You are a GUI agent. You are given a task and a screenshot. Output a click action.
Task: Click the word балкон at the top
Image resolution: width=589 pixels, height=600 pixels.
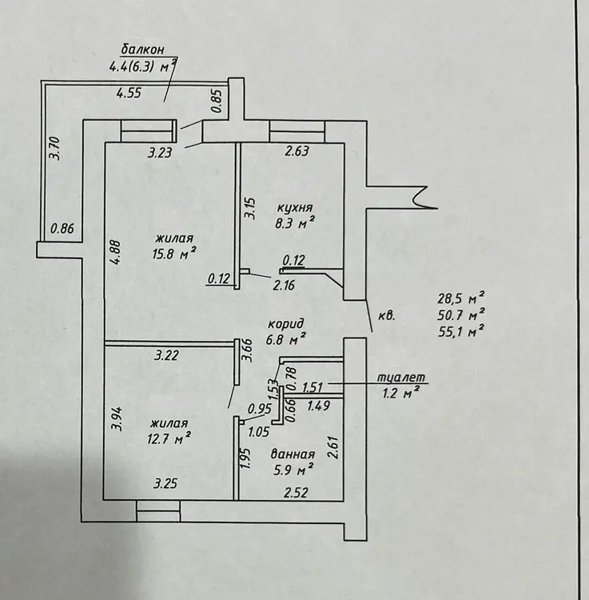[142, 50]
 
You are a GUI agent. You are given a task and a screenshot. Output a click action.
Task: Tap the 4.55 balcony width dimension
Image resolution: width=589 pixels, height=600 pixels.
[129, 93]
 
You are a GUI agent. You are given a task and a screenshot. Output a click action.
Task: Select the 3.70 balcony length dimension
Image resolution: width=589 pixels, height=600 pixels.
[55, 148]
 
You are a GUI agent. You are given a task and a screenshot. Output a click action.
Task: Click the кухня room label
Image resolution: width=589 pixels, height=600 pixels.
[294, 208]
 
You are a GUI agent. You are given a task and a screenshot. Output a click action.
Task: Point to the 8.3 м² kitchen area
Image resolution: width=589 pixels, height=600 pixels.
[295, 222]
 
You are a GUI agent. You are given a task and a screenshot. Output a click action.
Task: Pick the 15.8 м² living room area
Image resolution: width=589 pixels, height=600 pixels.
[174, 254]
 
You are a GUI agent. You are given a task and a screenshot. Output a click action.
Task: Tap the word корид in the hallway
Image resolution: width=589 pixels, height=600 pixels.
[286, 325]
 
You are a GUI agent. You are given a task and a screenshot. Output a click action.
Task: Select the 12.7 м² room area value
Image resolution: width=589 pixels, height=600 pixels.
[169, 438]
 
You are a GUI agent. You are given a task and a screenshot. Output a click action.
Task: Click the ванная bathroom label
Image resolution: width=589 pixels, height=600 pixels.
[293, 454]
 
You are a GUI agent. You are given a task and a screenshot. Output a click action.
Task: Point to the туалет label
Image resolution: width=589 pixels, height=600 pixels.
[401, 378]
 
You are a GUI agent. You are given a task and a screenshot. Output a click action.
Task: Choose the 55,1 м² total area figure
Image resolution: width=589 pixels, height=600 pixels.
[461, 331]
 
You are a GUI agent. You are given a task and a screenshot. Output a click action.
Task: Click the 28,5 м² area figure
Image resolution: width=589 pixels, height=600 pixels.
[461, 298]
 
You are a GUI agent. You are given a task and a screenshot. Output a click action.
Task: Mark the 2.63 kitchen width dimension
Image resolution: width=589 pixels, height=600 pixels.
[296, 151]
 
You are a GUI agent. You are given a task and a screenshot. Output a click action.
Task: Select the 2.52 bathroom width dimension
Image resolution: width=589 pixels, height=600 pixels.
[296, 492]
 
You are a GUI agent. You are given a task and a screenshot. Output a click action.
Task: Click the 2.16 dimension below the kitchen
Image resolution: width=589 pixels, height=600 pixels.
[284, 286]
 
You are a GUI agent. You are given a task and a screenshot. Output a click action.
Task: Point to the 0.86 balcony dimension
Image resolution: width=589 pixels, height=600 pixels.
[62, 229]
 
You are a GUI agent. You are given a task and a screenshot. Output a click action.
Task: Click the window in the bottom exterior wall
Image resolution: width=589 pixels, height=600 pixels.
[158, 511]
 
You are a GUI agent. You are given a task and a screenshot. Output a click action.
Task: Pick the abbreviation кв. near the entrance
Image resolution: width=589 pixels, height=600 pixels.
[387, 317]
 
